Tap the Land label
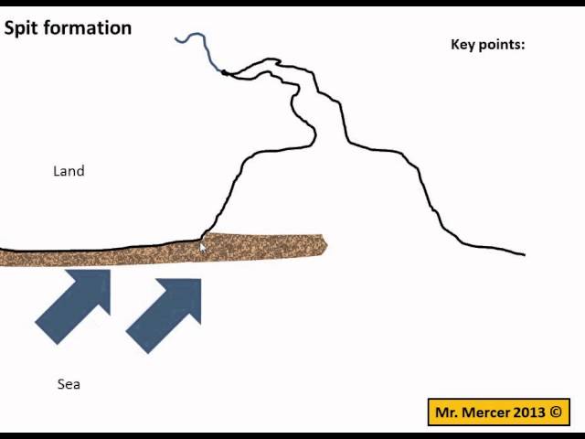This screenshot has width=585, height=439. coord(69,171)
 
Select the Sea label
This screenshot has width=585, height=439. coord(69,384)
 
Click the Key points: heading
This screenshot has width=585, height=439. coord(488,44)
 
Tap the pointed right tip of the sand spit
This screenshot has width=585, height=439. coord(324,244)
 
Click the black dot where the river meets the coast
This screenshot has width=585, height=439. coord(225,72)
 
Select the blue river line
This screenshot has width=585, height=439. coord(197,41)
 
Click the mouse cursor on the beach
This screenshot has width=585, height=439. coord(203,246)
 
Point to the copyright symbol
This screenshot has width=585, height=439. coord(555,412)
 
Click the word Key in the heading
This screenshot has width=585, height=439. coord(463,44)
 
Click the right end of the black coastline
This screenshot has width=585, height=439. coord(523,253)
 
